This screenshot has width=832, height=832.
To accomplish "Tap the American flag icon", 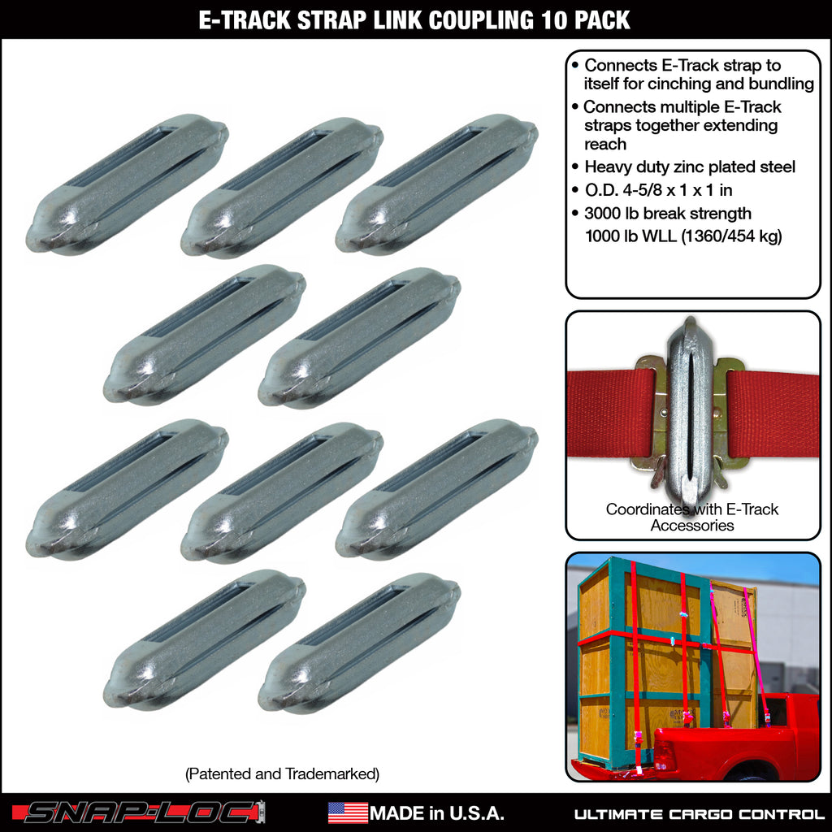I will tap(347, 812).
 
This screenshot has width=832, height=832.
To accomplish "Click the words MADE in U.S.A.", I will tap(436, 812).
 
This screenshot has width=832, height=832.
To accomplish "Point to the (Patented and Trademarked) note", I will tap(282, 773).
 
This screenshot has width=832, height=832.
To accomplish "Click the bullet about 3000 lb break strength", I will tap(667, 214).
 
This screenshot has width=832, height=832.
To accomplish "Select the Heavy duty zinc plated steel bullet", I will tap(689, 167).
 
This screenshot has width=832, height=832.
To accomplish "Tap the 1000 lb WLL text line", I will tap(682, 237).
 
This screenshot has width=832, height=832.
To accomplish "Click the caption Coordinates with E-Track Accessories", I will tap(692, 517).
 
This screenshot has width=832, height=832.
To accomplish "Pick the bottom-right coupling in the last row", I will tap(359, 643).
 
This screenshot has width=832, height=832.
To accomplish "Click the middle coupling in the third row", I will tap(282, 491).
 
